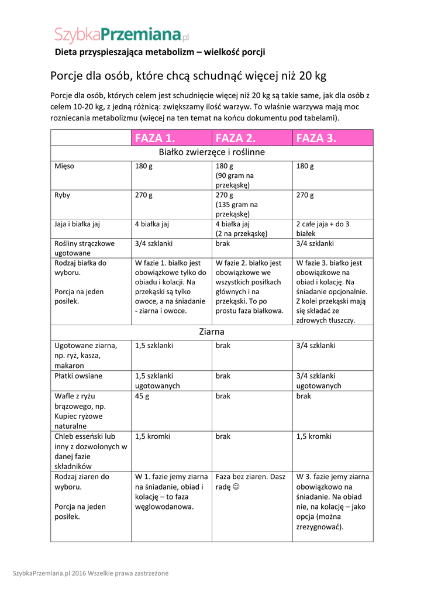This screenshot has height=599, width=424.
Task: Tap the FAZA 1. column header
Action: click(155, 138)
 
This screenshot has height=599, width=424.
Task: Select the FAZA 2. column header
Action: click(236, 138)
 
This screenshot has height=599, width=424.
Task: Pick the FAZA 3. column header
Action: click(316, 138)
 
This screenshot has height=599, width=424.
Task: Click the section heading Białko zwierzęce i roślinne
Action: click(212, 153)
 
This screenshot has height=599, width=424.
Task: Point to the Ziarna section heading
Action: click(212, 332)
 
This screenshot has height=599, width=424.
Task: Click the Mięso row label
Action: click(64, 167)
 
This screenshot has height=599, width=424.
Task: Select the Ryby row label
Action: click(62, 195)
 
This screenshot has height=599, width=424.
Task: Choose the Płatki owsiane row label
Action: click(78, 376)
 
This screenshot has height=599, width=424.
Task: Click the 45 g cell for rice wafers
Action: click(142, 396)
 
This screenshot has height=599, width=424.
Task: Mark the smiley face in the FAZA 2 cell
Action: click(236, 487)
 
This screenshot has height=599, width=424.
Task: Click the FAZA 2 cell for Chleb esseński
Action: click(223, 436)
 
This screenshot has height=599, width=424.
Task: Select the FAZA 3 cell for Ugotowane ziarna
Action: click(316, 346)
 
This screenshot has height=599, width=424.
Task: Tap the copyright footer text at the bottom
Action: click(91, 573)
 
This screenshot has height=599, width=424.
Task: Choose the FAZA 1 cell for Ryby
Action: click(144, 195)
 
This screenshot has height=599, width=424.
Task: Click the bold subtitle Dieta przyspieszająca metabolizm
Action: click(160, 52)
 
